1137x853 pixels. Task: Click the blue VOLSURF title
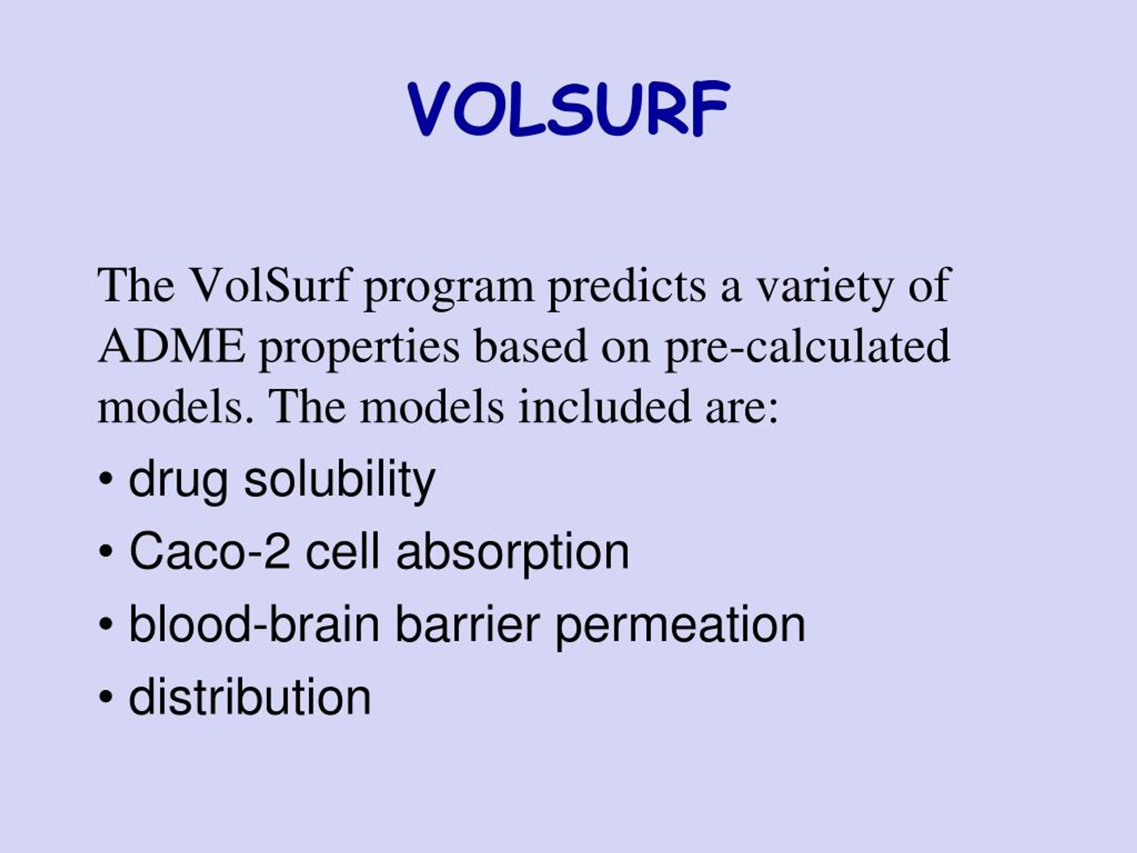[568, 108]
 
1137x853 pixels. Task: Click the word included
[604, 406]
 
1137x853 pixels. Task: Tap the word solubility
[339, 480]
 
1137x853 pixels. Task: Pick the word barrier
[467, 624]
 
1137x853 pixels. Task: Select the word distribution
[250, 697]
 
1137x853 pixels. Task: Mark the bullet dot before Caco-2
[106, 552]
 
